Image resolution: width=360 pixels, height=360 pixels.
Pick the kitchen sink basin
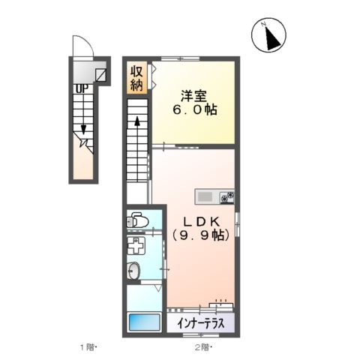click(x=205, y=197)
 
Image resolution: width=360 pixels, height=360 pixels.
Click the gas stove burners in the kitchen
click(x=227, y=197)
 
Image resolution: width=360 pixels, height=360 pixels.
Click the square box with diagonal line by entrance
click(x=100, y=75)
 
